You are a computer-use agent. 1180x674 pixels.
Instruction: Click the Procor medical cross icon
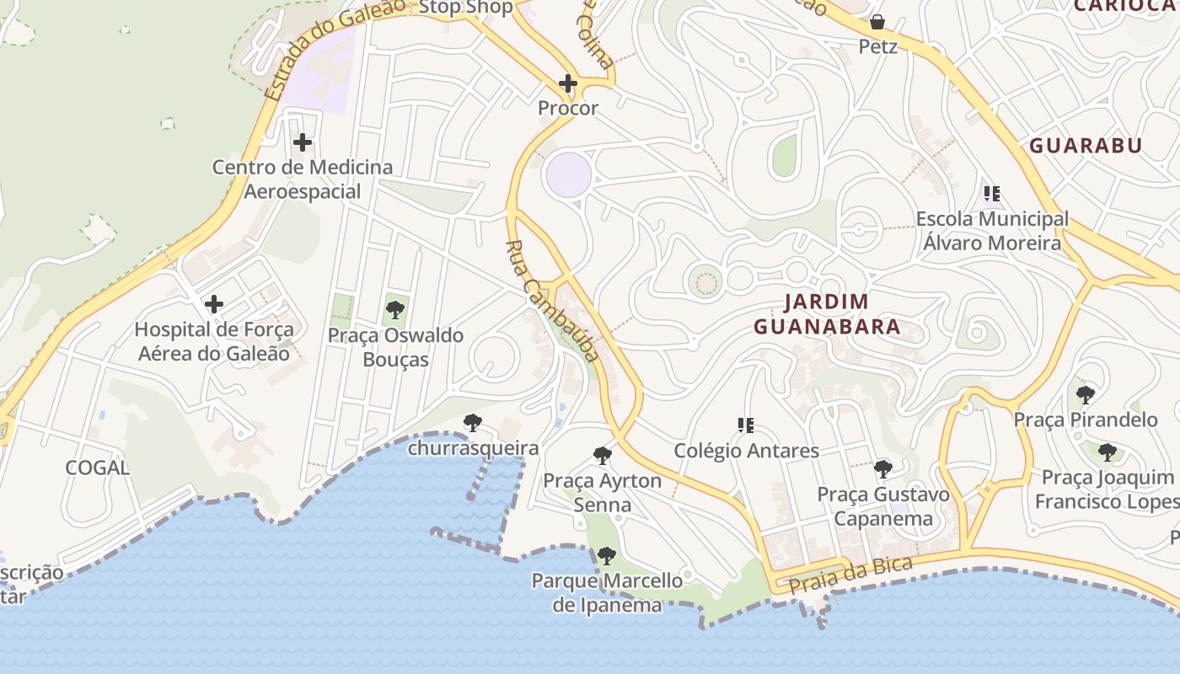tap(568, 83)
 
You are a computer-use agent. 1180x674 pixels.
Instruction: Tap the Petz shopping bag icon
tap(877, 22)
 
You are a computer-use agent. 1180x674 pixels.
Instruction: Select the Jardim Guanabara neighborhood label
tap(827, 314)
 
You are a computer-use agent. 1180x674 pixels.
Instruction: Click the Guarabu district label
tap(1086, 145)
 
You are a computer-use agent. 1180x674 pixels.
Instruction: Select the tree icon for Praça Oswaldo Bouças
tap(394, 310)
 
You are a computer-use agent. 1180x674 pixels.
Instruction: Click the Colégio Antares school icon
tap(745, 425)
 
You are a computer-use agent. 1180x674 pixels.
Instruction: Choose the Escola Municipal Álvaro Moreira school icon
tap(992, 194)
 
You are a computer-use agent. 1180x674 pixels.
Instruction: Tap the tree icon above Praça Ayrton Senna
tap(603, 456)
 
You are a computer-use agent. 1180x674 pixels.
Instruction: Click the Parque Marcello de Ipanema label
tap(607, 592)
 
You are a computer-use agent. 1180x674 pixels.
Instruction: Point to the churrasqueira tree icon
tap(473, 423)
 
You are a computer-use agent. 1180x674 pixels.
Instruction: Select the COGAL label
tap(98, 468)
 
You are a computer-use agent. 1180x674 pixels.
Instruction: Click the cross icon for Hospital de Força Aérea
tap(214, 303)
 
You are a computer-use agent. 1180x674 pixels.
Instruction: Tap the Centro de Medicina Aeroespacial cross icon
tap(303, 142)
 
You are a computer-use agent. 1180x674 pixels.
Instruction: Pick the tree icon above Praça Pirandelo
tap(1086, 394)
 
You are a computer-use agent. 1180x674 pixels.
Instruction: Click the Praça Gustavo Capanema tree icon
tap(882, 469)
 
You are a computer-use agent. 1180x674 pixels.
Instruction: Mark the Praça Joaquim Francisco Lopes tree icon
tap(1108, 452)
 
